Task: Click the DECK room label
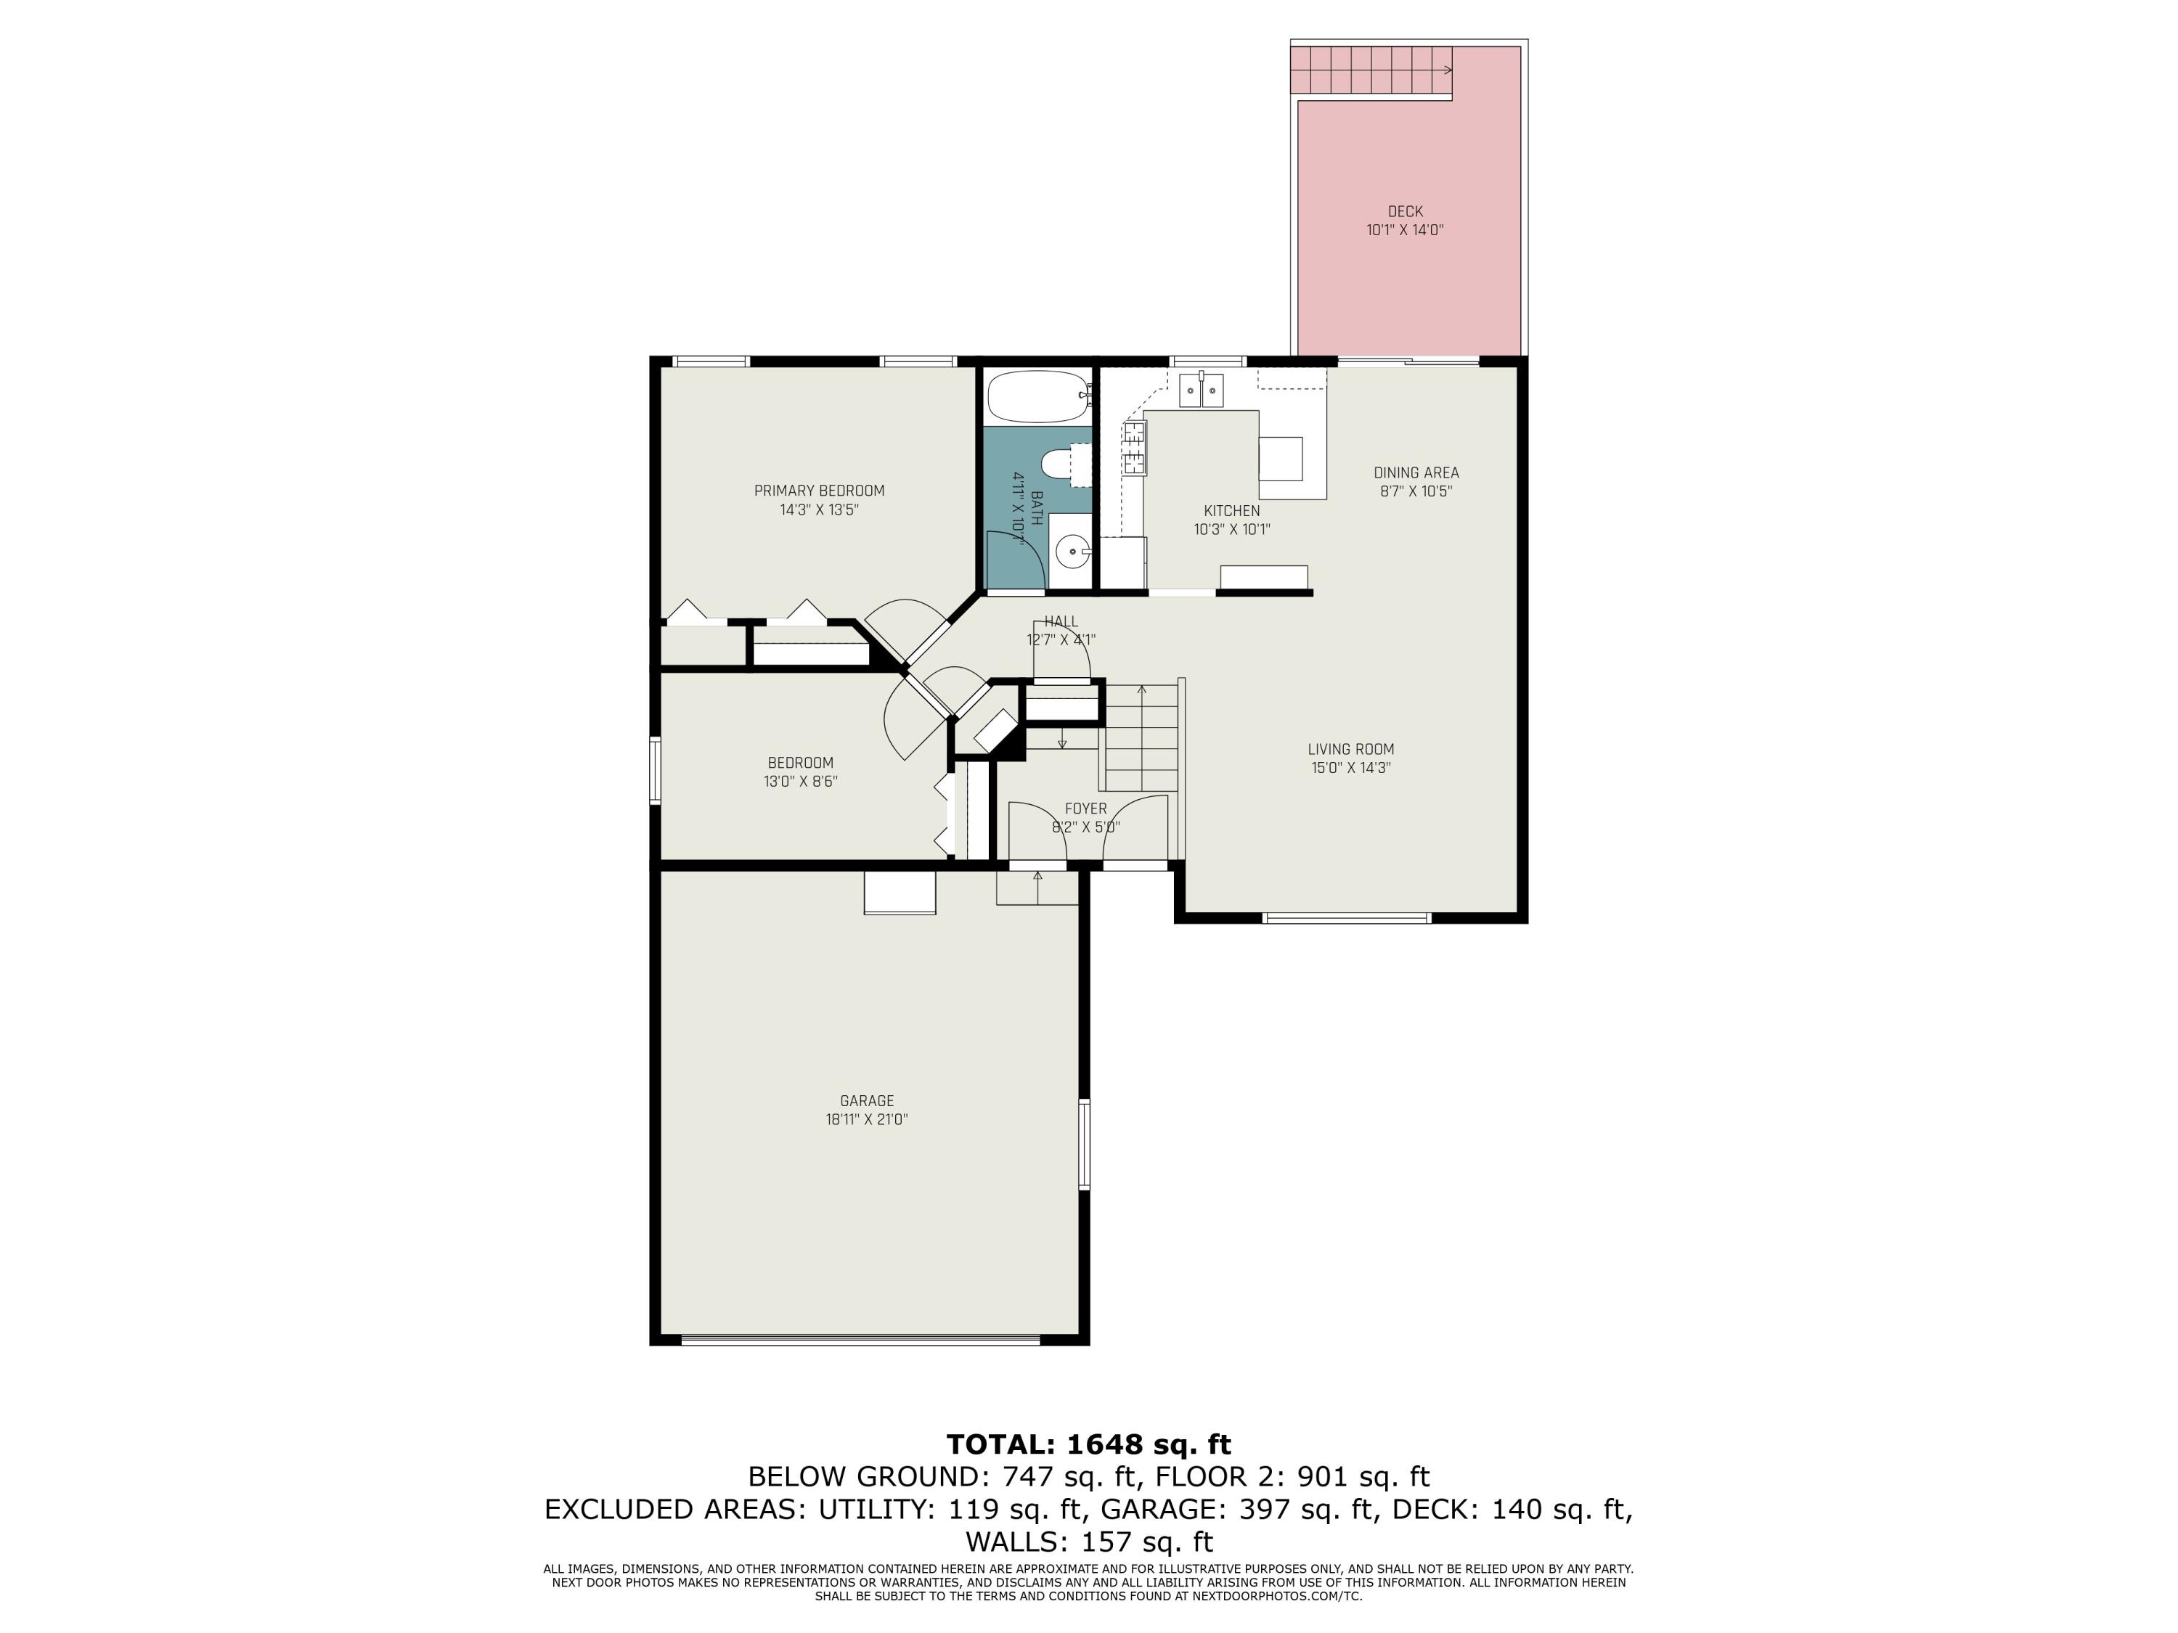(1404, 212)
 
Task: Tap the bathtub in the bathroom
(1036, 398)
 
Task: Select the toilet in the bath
(1064, 464)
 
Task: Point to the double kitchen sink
(1202, 390)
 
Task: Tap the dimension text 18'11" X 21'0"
(866, 1119)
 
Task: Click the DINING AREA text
(1416, 472)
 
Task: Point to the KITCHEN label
(1231, 511)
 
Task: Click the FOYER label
(1085, 809)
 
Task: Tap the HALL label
(1061, 622)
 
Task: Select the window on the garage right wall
(1084, 1144)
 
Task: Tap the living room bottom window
(1346, 918)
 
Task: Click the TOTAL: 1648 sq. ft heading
(1088, 1444)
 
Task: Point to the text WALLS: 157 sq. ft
(1088, 1541)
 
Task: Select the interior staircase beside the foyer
(1141, 738)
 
